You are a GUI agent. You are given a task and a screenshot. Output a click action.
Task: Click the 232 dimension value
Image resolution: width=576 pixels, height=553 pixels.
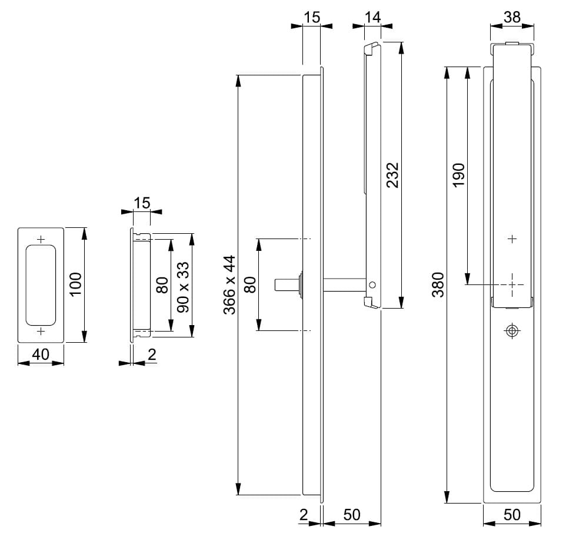click(x=392, y=175)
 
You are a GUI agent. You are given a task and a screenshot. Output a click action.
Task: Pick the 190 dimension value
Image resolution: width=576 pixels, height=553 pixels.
click(x=458, y=175)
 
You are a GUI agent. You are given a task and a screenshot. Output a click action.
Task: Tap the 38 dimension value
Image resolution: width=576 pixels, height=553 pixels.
click(x=512, y=17)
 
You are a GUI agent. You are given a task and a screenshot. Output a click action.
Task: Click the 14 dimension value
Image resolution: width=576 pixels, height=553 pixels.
click(x=372, y=17)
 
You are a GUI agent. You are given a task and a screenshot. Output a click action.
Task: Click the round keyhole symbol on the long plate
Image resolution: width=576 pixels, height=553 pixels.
click(x=512, y=331)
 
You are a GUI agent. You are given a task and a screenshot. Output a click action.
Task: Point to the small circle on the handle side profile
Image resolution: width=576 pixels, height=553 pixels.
click(x=372, y=285)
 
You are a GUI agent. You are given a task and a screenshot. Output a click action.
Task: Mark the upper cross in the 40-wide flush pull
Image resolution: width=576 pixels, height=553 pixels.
click(x=41, y=239)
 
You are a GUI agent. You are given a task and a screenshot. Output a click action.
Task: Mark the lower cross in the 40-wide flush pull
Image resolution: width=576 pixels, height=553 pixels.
click(x=41, y=332)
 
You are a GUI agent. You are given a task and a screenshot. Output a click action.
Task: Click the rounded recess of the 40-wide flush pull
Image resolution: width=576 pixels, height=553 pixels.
click(x=41, y=285)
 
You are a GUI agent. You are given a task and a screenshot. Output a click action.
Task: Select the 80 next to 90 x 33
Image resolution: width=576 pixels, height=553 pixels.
click(x=163, y=285)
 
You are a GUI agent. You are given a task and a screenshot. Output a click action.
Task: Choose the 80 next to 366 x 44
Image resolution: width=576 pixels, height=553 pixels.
click(x=249, y=285)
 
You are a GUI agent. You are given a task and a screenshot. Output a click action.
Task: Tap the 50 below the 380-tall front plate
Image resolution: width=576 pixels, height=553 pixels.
click(x=512, y=514)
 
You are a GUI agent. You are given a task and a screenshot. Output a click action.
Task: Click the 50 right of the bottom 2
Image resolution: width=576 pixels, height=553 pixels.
click(x=351, y=514)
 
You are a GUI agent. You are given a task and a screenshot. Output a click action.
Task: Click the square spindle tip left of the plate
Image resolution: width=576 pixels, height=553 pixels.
click(x=282, y=284)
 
